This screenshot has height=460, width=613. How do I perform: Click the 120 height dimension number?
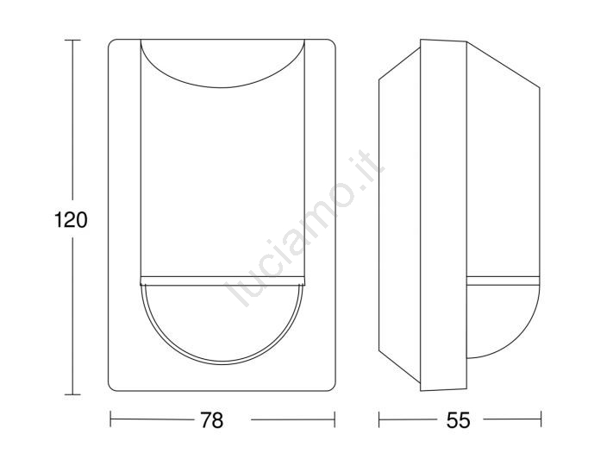(71, 220)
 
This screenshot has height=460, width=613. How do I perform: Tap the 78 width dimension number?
(211, 420)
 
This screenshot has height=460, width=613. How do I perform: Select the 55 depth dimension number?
(458, 420)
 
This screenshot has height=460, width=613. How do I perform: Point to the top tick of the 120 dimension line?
(72, 40)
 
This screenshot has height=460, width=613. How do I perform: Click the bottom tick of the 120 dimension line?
(72, 394)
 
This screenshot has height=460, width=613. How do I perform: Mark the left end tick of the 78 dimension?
(110, 419)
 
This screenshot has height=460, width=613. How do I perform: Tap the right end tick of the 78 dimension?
(335, 419)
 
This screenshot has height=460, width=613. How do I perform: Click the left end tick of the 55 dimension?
(379, 419)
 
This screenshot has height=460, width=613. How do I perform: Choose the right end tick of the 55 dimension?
(541, 419)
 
